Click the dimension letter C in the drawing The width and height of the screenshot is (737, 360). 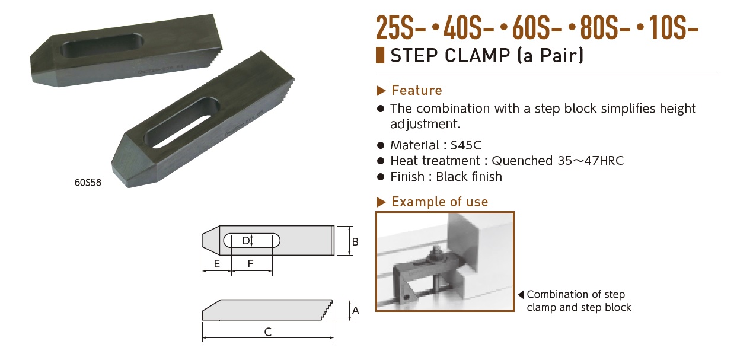click(x=268, y=332)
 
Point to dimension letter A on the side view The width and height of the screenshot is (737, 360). click(x=356, y=310)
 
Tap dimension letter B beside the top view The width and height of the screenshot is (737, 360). click(x=356, y=241)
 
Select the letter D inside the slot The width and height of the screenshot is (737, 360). click(x=245, y=240)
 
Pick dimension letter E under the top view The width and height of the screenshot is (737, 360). click(x=217, y=264)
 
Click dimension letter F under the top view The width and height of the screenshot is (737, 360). click(x=251, y=264)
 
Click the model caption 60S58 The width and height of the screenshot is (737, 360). click(x=88, y=183)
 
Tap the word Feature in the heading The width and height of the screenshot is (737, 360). click(x=417, y=90)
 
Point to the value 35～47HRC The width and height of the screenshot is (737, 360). click(x=588, y=161)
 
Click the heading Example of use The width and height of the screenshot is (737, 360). click(x=439, y=202)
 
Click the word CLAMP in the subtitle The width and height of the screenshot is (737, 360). click(x=473, y=56)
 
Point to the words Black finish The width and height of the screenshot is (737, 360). click(x=469, y=177)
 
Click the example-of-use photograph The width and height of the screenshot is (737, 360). click(x=445, y=261)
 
